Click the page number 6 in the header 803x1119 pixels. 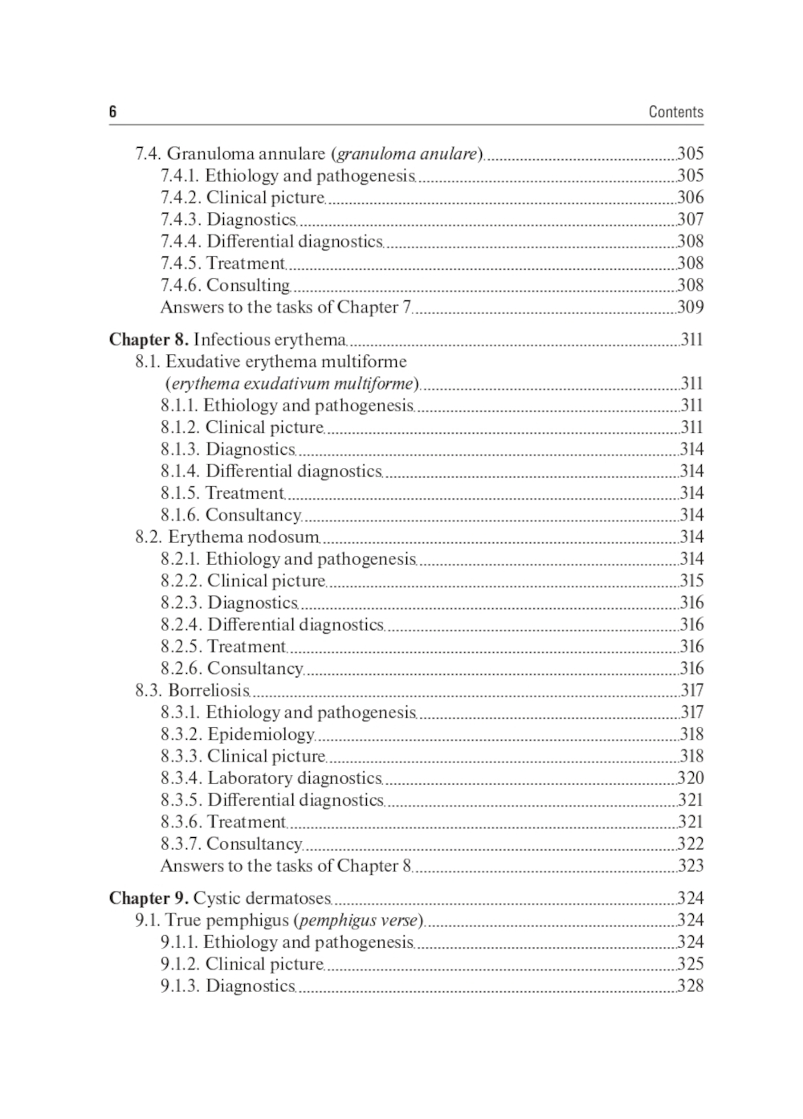pyautogui.click(x=112, y=112)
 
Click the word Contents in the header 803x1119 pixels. pyautogui.click(x=675, y=112)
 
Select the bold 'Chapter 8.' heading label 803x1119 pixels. pyautogui.click(x=149, y=340)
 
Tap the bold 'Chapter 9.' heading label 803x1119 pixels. pyautogui.click(x=149, y=898)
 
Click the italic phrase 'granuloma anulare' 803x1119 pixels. pyautogui.click(x=407, y=153)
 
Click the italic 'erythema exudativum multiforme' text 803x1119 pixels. pyautogui.click(x=292, y=384)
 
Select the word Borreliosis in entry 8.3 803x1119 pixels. pyautogui.click(x=208, y=690)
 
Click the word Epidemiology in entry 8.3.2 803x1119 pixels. pyautogui.click(x=260, y=734)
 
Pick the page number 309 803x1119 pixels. pyautogui.click(x=691, y=307)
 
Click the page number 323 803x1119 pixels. pyautogui.click(x=691, y=866)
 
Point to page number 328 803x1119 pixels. pyautogui.click(x=691, y=986)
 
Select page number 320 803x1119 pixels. pyautogui.click(x=691, y=778)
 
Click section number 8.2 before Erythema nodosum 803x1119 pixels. pyautogui.click(x=149, y=537)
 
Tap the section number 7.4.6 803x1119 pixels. pyautogui.click(x=181, y=285)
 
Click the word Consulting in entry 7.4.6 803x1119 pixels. pyautogui.click(x=247, y=285)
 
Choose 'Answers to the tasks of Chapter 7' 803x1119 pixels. pyautogui.click(x=285, y=307)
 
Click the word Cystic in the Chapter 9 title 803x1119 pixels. pyautogui.click(x=217, y=898)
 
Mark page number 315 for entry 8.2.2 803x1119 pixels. pyautogui.click(x=691, y=581)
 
